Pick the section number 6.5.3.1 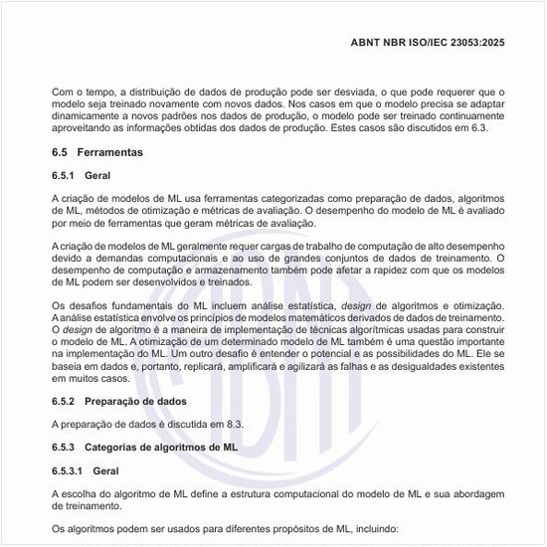tap(72, 469)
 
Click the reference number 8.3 tap(232, 423)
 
